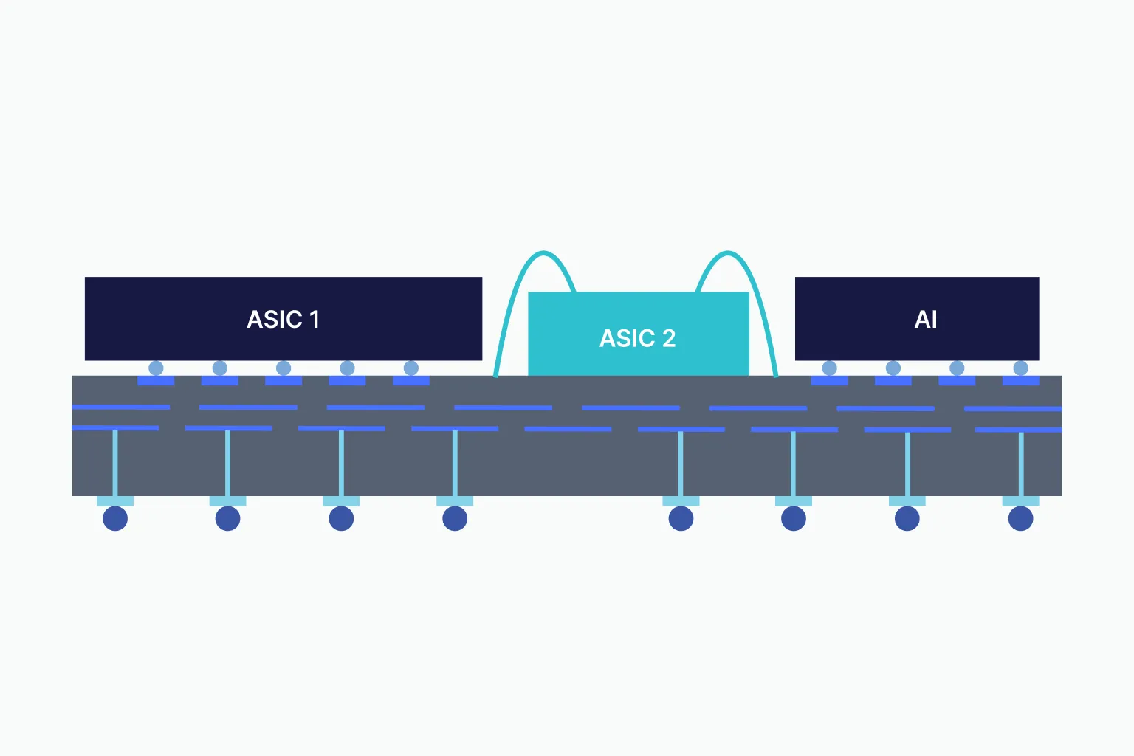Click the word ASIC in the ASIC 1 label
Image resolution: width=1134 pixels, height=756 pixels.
pyautogui.click(x=274, y=320)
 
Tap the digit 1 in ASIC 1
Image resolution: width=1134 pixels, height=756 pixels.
pyautogui.click(x=315, y=320)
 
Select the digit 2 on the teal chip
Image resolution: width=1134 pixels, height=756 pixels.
pyautogui.click(x=668, y=338)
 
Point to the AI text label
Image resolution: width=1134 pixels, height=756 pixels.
pyautogui.click(x=926, y=320)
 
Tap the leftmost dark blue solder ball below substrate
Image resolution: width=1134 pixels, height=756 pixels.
pyautogui.click(x=115, y=518)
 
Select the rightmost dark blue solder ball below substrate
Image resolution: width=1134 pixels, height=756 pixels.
pyautogui.click(x=1020, y=518)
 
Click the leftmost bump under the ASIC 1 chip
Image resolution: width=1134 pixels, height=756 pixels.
pyautogui.click(x=156, y=368)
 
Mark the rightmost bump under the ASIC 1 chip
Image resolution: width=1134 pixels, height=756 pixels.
pyautogui.click(x=411, y=368)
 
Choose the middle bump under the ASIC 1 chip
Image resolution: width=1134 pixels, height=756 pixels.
pyautogui.click(x=283, y=368)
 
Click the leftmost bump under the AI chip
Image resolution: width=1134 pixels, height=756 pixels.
pyautogui.click(x=829, y=368)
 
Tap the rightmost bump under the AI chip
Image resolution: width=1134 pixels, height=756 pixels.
pyautogui.click(x=1020, y=368)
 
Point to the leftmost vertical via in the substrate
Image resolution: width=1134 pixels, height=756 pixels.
pyautogui.click(x=115, y=464)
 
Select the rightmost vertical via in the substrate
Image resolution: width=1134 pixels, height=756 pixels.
pyautogui.click(x=1020, y=464)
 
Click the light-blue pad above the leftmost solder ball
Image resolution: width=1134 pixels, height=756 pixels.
pyautogui.click(x=115, y=501)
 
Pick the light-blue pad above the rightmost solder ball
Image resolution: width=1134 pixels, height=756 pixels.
pyautogui.click(x=1020, y=501)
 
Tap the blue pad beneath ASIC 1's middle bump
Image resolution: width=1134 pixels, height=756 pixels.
pyautogui.click(x=283, y=381)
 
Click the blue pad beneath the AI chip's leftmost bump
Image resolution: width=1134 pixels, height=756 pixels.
pyautogui.click(x=829, y=381)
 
